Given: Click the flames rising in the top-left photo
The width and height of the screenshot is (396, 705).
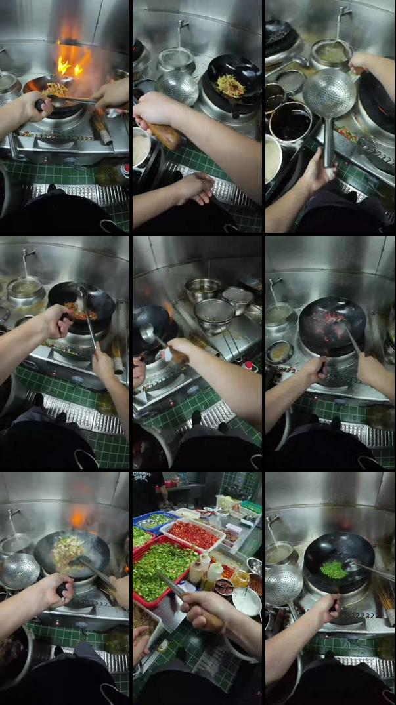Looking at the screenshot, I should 71,59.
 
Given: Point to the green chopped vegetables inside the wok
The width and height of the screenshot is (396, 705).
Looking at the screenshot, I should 334,569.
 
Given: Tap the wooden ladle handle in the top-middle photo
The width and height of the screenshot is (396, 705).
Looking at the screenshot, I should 165,134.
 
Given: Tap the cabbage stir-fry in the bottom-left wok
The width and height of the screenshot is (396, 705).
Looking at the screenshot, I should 68,550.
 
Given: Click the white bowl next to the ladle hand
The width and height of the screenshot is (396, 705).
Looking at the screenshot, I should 248,600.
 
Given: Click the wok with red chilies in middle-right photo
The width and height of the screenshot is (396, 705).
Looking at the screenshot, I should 332,325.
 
